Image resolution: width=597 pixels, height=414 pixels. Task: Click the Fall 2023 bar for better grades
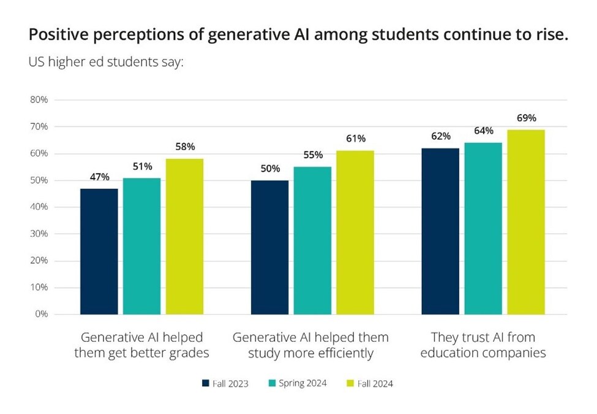tap(99, 251)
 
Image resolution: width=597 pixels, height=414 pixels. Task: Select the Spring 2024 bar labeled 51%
tap(141, 246)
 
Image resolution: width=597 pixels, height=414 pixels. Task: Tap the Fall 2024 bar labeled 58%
tap(184, 237)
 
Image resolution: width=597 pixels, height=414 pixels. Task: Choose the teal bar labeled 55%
tap(312, 240)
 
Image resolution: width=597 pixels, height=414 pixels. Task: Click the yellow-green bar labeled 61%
tap(355, 232)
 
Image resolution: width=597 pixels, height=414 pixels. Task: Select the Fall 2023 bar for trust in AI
tap(440, 231)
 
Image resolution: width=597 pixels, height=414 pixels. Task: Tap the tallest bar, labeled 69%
tap(526, 222)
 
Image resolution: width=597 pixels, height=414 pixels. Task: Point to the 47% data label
tap(99, 177)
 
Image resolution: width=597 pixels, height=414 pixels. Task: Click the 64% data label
tap(483, 131)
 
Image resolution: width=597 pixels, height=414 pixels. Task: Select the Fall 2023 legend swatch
tap(206, 383)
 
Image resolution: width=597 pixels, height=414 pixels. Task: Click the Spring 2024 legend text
tap(302, 383)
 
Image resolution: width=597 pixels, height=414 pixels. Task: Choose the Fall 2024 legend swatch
tap(351, 383)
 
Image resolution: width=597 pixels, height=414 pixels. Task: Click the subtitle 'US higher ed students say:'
tap(105, 62)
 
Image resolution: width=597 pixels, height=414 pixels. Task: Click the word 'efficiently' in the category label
tap(346, 353)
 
